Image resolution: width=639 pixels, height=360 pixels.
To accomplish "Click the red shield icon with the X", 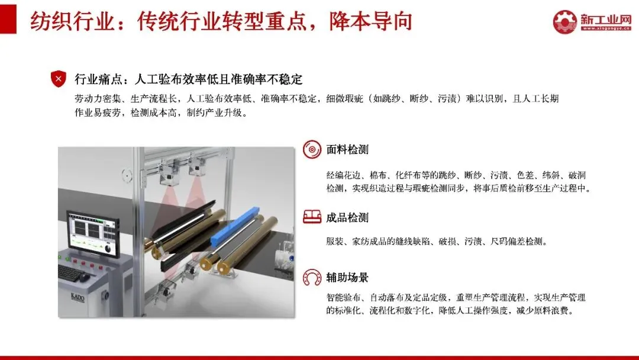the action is (x=58, y=79).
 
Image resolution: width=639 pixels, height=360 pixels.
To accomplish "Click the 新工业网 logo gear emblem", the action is (x=565, y=22).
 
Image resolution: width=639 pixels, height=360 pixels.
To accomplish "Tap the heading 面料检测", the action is (x=347, y=150).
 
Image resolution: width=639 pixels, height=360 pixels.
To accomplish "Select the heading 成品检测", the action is (x=347, y=218).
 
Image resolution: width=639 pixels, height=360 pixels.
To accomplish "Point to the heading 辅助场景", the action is (x=347, y=278).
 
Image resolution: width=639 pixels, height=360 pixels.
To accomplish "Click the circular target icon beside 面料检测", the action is (x=312, y=150).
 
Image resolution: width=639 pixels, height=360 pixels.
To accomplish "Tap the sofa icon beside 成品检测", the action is (x=312, y=217).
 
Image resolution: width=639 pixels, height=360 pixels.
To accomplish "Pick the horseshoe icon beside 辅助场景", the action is (x=312, y=277).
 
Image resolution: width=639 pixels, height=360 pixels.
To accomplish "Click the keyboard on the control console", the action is (x=73, y=272).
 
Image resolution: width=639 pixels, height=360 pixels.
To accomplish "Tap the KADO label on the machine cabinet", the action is (x=78, y=297).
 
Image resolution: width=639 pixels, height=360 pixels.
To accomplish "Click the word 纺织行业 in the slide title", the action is (x=72, y=21).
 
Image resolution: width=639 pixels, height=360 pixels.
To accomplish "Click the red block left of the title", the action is (x=8, y=19).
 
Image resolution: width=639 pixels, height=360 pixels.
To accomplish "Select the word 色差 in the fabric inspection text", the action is (x=525, y=175).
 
